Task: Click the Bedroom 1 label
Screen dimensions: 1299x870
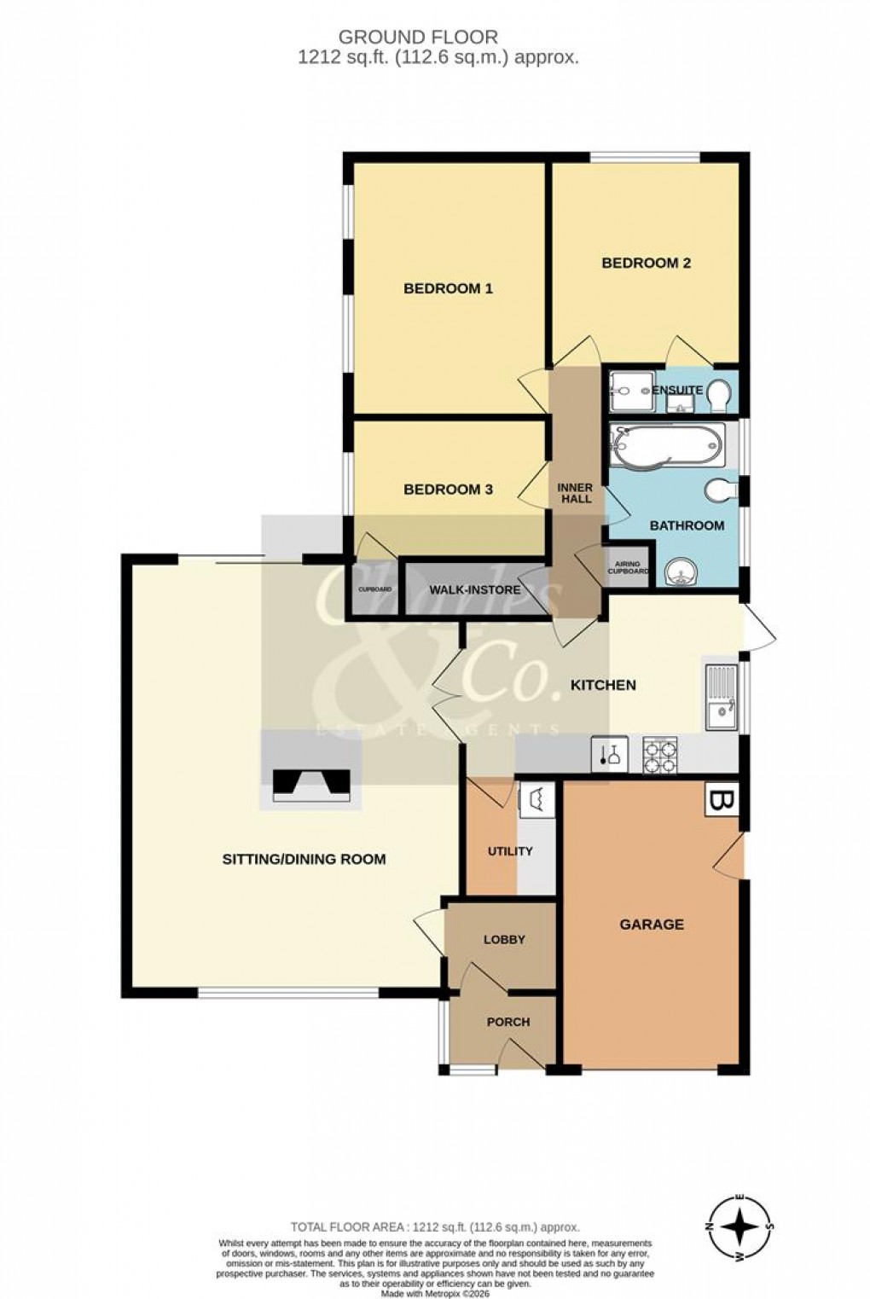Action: [448, 288]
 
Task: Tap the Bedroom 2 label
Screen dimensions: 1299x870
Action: [646, 263]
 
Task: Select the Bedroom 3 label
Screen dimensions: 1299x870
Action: [448, 490]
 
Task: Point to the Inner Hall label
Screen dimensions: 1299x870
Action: [576, 493]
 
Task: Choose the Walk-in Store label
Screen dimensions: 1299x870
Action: [474, 589]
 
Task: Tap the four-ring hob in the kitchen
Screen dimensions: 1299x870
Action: [660, 755]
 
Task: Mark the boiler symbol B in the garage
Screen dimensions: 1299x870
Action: [722, 801]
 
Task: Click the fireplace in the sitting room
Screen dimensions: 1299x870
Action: [311, 783]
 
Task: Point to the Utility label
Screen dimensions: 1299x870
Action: [510, 851]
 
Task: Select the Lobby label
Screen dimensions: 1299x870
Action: [504, 940]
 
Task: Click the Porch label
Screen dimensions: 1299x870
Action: [508, 1022]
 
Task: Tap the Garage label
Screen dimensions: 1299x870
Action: [652, 925]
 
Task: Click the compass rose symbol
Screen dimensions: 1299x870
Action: [740, 1227]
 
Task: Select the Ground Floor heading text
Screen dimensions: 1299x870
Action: [418, 37]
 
